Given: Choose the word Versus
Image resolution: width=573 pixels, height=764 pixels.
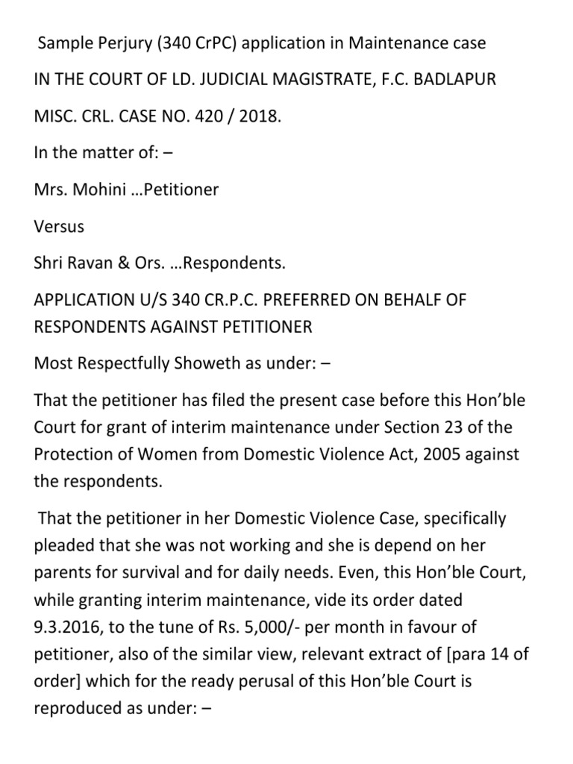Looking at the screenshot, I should point(60,226).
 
